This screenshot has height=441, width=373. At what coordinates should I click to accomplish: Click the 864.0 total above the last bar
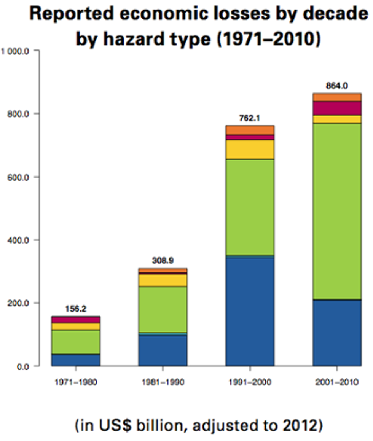click(337, 86)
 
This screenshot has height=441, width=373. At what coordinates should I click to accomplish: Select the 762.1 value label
click(250, 118)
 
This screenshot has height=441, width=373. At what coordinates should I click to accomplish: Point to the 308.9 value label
click(163, 261)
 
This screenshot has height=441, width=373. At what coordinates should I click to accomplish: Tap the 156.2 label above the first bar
click(75, 309)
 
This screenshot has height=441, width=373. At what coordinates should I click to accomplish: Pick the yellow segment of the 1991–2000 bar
click(250, 149)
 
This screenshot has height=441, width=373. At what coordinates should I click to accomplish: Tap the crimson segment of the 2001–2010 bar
click(337, 108)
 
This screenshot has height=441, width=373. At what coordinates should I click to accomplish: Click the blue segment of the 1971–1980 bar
click(75, 360)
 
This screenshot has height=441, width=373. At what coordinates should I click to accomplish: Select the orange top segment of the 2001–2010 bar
click(337, 97)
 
